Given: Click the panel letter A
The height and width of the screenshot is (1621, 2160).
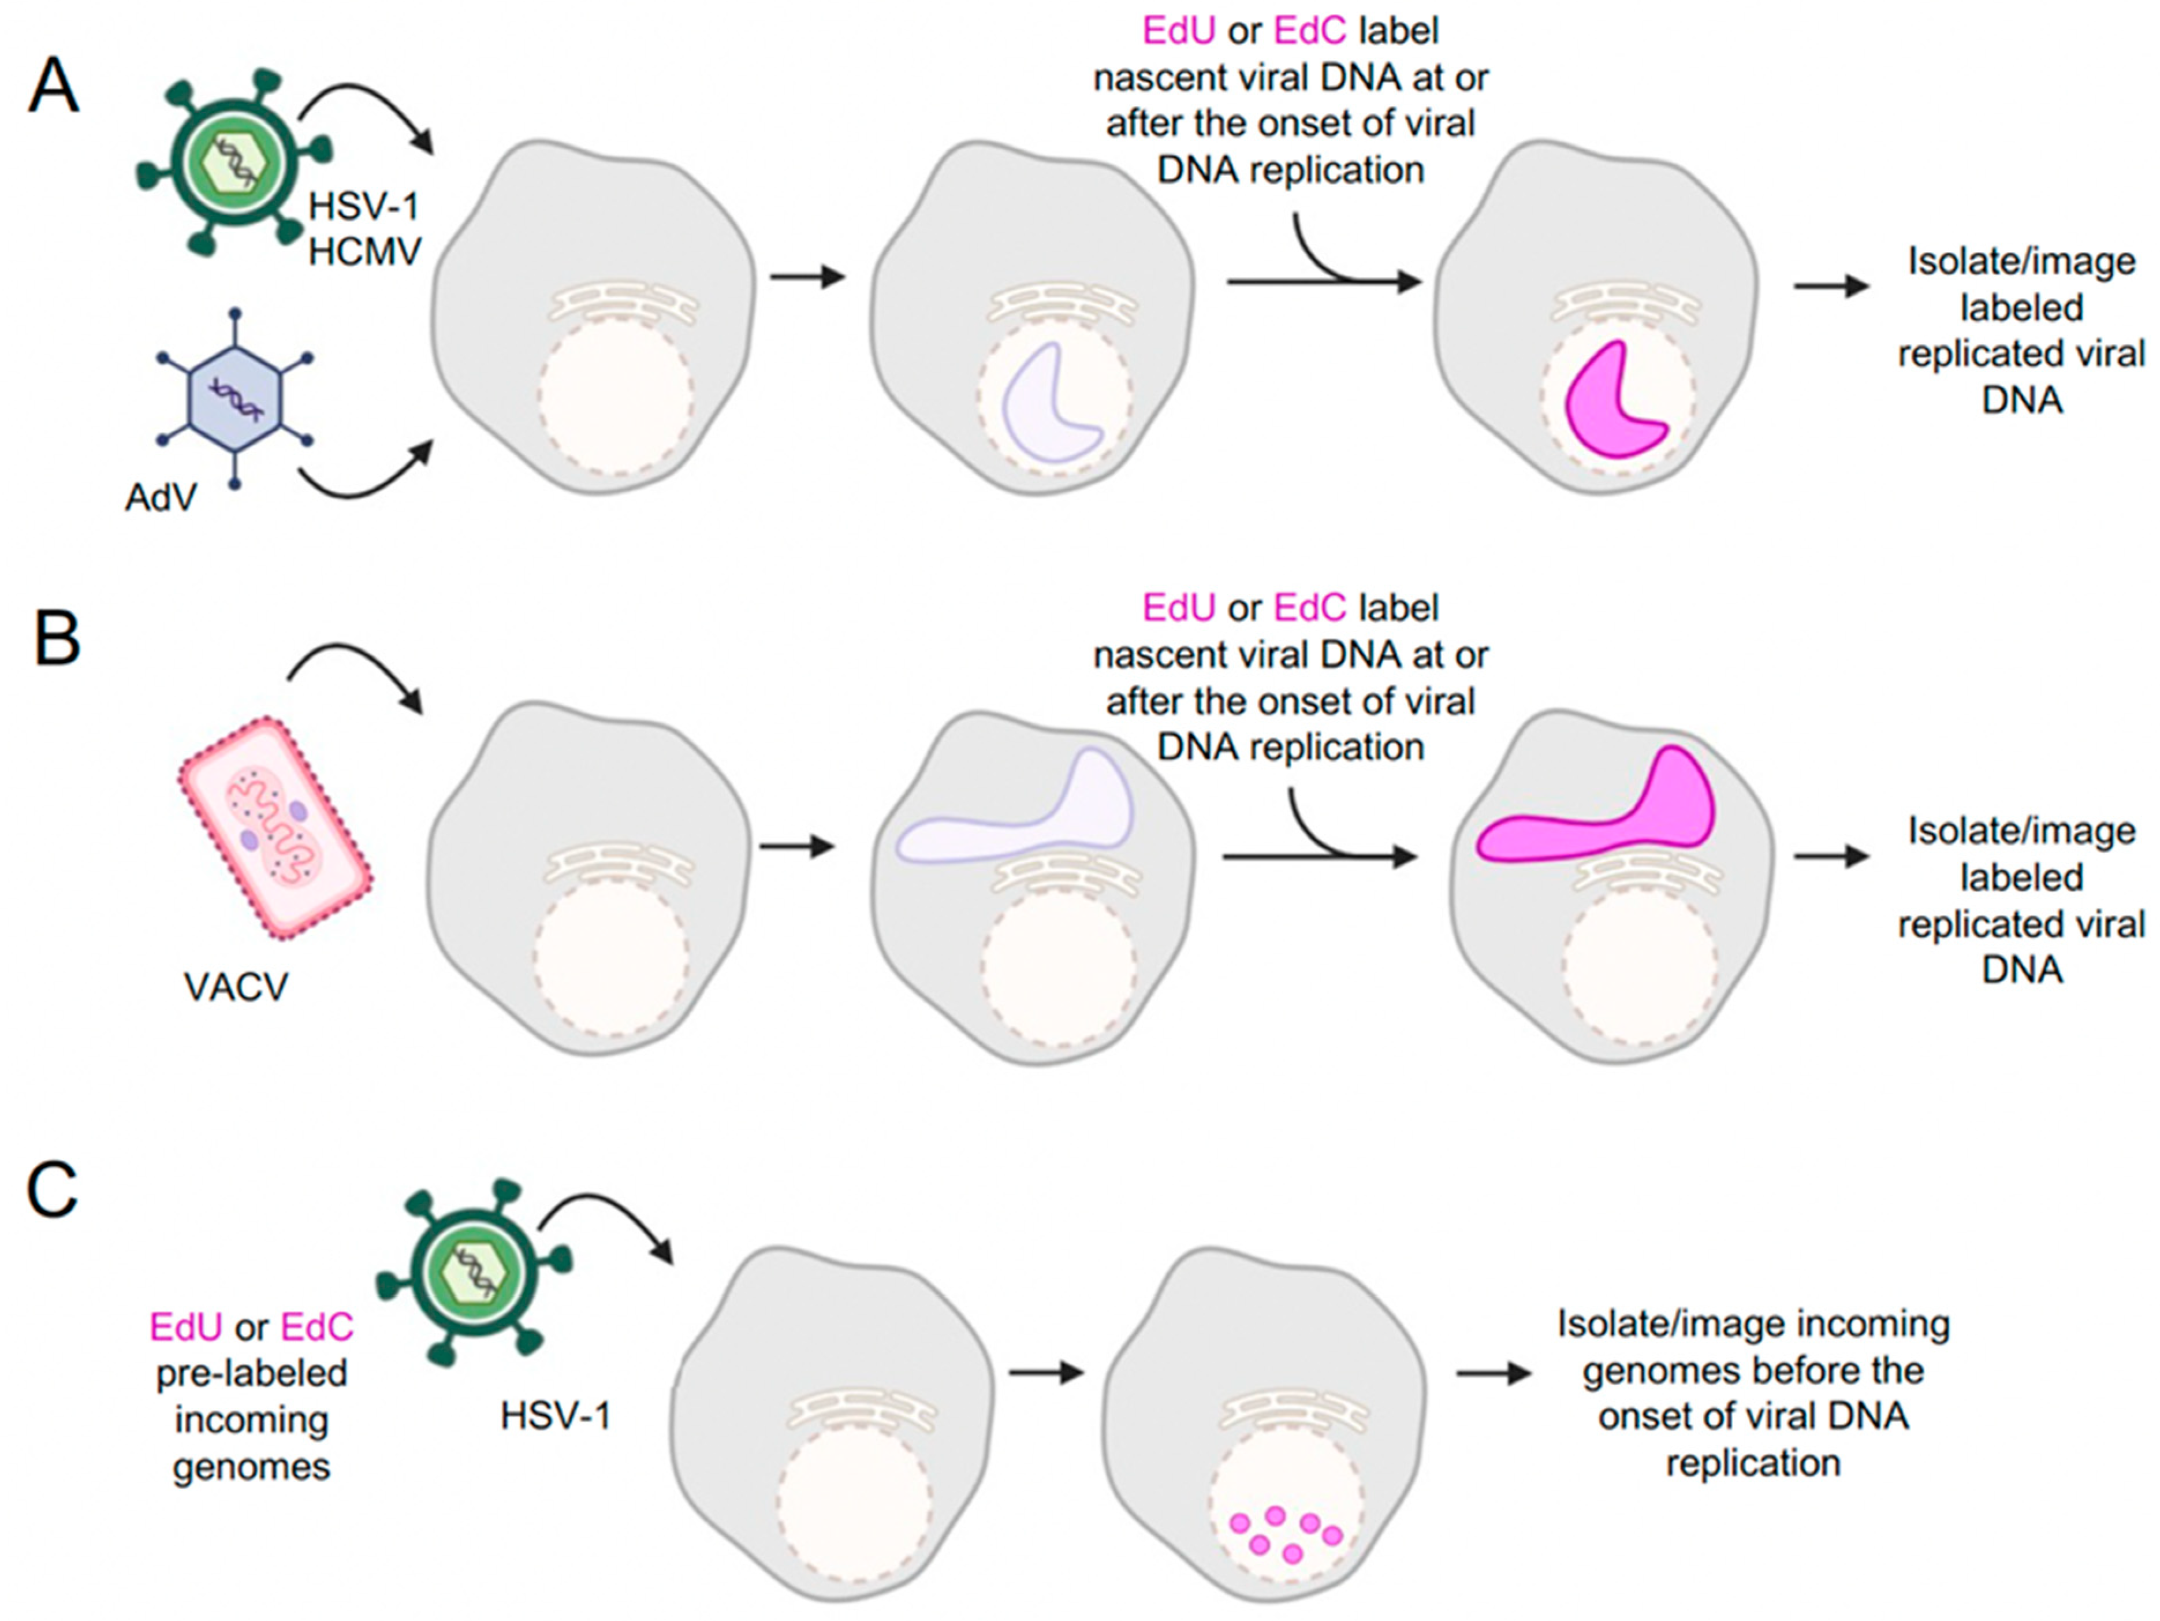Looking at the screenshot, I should coord(54,87).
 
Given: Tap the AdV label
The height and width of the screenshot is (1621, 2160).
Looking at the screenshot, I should coord(160,498).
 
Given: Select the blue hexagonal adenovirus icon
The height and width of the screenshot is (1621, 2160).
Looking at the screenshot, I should coord(235,399).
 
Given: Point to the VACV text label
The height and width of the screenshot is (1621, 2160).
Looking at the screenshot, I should coord(235,986).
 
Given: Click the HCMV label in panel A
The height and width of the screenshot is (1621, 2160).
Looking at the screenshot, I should coord(364,252).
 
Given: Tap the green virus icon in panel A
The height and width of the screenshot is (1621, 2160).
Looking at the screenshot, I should coord(234,161).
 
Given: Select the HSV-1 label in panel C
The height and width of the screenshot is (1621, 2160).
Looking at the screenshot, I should coord(556,1415).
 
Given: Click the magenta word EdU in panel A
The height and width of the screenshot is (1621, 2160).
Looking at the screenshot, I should coord(1179,31).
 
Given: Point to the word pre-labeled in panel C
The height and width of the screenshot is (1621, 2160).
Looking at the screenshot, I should coord(251,1373).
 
